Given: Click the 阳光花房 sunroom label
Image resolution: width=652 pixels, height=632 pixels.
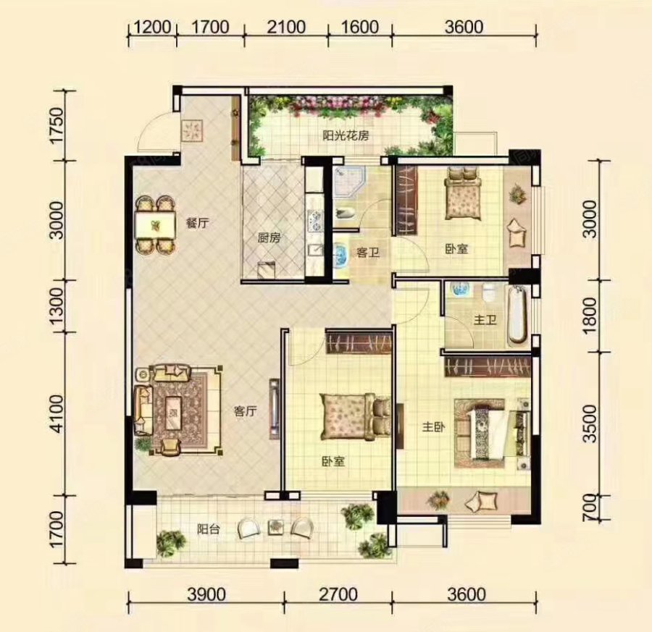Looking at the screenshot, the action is pyautogui.click(x=346, y=136).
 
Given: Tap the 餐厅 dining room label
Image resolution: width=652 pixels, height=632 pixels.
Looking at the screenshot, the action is pyautogui.click(x=197, y=223).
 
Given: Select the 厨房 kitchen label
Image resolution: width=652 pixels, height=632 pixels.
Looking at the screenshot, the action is pyautogui.click(x=269, y=238).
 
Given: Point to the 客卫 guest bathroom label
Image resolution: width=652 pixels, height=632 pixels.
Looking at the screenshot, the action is pyautogui.click(x=368, y=252).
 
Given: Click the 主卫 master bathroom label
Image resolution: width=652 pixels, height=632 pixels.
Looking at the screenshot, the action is pyautogui.click(x=485, y=320).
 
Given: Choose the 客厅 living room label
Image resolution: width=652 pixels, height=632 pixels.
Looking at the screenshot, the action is pyautogui.click(x=246, y=411).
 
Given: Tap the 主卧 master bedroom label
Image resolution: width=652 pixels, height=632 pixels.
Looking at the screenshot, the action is pyautogui.click(x=434, y=427).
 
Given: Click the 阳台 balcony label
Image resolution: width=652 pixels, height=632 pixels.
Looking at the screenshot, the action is pyautogui.click(x=209, y=529).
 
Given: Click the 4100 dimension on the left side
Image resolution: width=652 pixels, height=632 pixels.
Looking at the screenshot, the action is pyautogui.click(x=57, y=414).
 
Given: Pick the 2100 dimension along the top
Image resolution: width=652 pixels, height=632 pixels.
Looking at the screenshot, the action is pyautogui.click(x=286, y=28).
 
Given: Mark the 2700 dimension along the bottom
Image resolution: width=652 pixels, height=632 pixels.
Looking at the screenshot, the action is pyautogui.click(x=338, y=594).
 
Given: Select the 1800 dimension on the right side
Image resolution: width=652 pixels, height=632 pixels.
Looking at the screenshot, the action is pyautogui.click(x=590, y=316).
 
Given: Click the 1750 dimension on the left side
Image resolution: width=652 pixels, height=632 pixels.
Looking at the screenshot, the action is pyautogui.click(x=57, y=125).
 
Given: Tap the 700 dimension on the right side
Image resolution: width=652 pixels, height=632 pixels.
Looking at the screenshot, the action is pyautogui.click(x=590, y=507).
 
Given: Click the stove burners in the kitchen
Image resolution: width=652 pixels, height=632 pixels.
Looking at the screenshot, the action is pyautogui.click(x=314, y=221).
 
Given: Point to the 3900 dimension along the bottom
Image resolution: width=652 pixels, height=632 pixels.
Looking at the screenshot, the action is pyautogui.click(x=206, y=594).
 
